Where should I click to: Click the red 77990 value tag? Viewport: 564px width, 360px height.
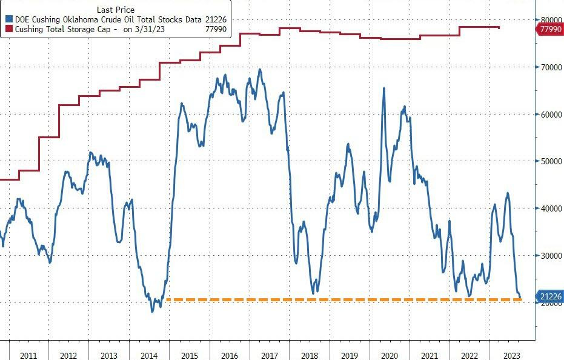tap(550, 29)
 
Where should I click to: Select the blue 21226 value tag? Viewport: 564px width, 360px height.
tap(550, 296)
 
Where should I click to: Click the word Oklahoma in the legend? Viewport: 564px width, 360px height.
tap(92, 19)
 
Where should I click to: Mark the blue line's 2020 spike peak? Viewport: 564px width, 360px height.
tap(383, 88)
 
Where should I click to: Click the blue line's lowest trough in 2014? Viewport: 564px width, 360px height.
tap(153, 311)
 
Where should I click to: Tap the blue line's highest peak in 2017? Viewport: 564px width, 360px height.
tap(260, 69)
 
